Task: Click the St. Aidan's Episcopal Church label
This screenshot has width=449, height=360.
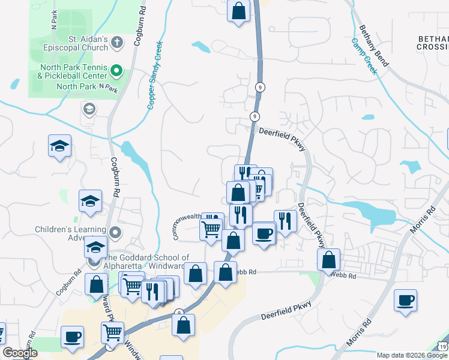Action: [x=88, y=43]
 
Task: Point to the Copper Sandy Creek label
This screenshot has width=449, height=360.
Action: [x=155, y=76]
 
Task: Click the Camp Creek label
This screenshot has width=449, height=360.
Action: [x=364, y=57]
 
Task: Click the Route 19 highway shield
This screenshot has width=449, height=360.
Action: [x=442, y=346]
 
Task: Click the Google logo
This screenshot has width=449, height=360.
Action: [x=20, y=353]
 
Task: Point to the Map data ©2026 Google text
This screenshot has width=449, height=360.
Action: [x=412, y=355]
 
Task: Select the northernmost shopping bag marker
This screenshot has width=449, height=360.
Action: [x=238, y=11]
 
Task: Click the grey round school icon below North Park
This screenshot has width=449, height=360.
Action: [x=89, y=109]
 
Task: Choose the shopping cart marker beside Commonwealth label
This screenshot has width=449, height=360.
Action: [x=211, y=229]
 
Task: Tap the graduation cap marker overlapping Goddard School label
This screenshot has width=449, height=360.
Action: [x=95, y=247]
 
